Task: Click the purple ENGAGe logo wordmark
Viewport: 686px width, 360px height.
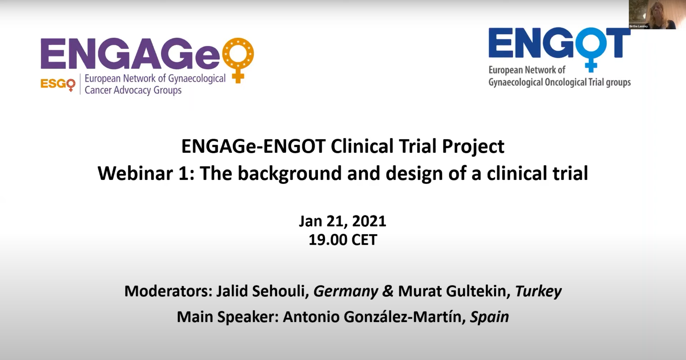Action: tap(130, 54)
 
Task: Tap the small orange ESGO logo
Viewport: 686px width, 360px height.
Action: tap(58, 85)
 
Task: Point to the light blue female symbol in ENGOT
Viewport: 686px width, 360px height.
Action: tap(591, 50)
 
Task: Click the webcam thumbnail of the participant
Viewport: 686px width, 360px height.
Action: tap(652, 14)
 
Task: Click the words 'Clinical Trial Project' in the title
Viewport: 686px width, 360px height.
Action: tap(417, 146)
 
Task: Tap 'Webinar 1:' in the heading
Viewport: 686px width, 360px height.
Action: tap(146, 173)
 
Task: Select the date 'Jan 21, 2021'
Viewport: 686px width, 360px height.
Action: tap(343, 221)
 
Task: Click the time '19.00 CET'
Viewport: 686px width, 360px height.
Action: tap(343, 240)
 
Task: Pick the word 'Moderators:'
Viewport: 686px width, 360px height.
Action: tap(169, 291)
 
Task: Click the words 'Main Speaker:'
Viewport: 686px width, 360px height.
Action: tap(228, 317)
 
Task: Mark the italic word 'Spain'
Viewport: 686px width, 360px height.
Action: tap(489, 317)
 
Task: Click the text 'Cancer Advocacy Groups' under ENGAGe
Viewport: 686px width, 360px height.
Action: tap(133, 90)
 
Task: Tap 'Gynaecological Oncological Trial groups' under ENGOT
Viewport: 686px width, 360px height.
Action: tap(560, 82)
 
